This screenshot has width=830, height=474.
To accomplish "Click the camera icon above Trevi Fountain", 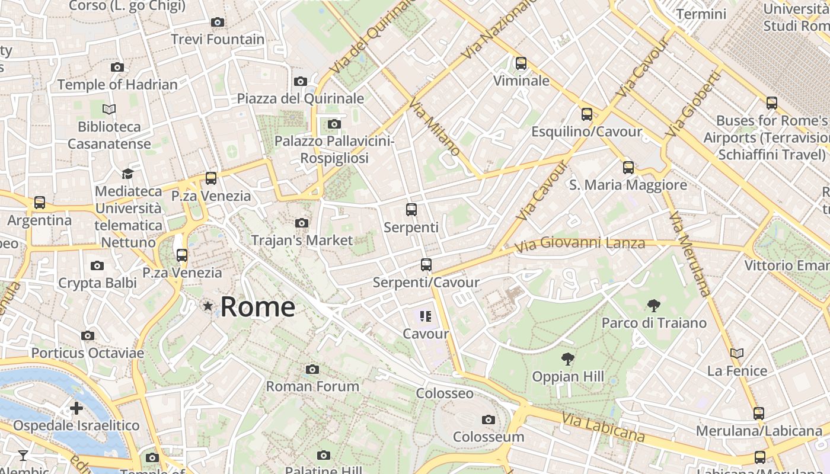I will [218, 23].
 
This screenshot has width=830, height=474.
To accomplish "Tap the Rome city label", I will [258, 307].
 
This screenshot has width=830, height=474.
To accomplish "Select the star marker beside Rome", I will [207, 306].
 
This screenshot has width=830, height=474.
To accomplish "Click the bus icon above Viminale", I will [521, 63].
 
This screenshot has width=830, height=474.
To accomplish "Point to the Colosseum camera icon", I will [489, 420].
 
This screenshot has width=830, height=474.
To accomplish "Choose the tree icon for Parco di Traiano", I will [654, 306].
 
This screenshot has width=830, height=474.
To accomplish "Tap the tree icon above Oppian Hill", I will [567, 359].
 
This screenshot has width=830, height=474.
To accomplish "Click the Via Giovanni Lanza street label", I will [579, 244].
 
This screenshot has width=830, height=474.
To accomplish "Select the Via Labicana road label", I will [603, 428].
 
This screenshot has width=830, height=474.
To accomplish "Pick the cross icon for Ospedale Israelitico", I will [76, 408].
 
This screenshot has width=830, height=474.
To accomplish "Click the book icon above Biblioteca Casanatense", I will [109, 110].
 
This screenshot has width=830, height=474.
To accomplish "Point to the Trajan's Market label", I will [302, 241].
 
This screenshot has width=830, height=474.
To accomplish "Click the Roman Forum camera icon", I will [312, 370].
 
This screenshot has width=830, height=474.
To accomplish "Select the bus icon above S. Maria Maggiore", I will [628, 168].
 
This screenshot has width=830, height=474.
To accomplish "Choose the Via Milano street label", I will [435, 127].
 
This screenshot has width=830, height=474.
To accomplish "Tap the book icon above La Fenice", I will [737, 354].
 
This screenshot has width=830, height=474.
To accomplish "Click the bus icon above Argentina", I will [40, 203].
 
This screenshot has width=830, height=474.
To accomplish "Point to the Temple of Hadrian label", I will [117, 85].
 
